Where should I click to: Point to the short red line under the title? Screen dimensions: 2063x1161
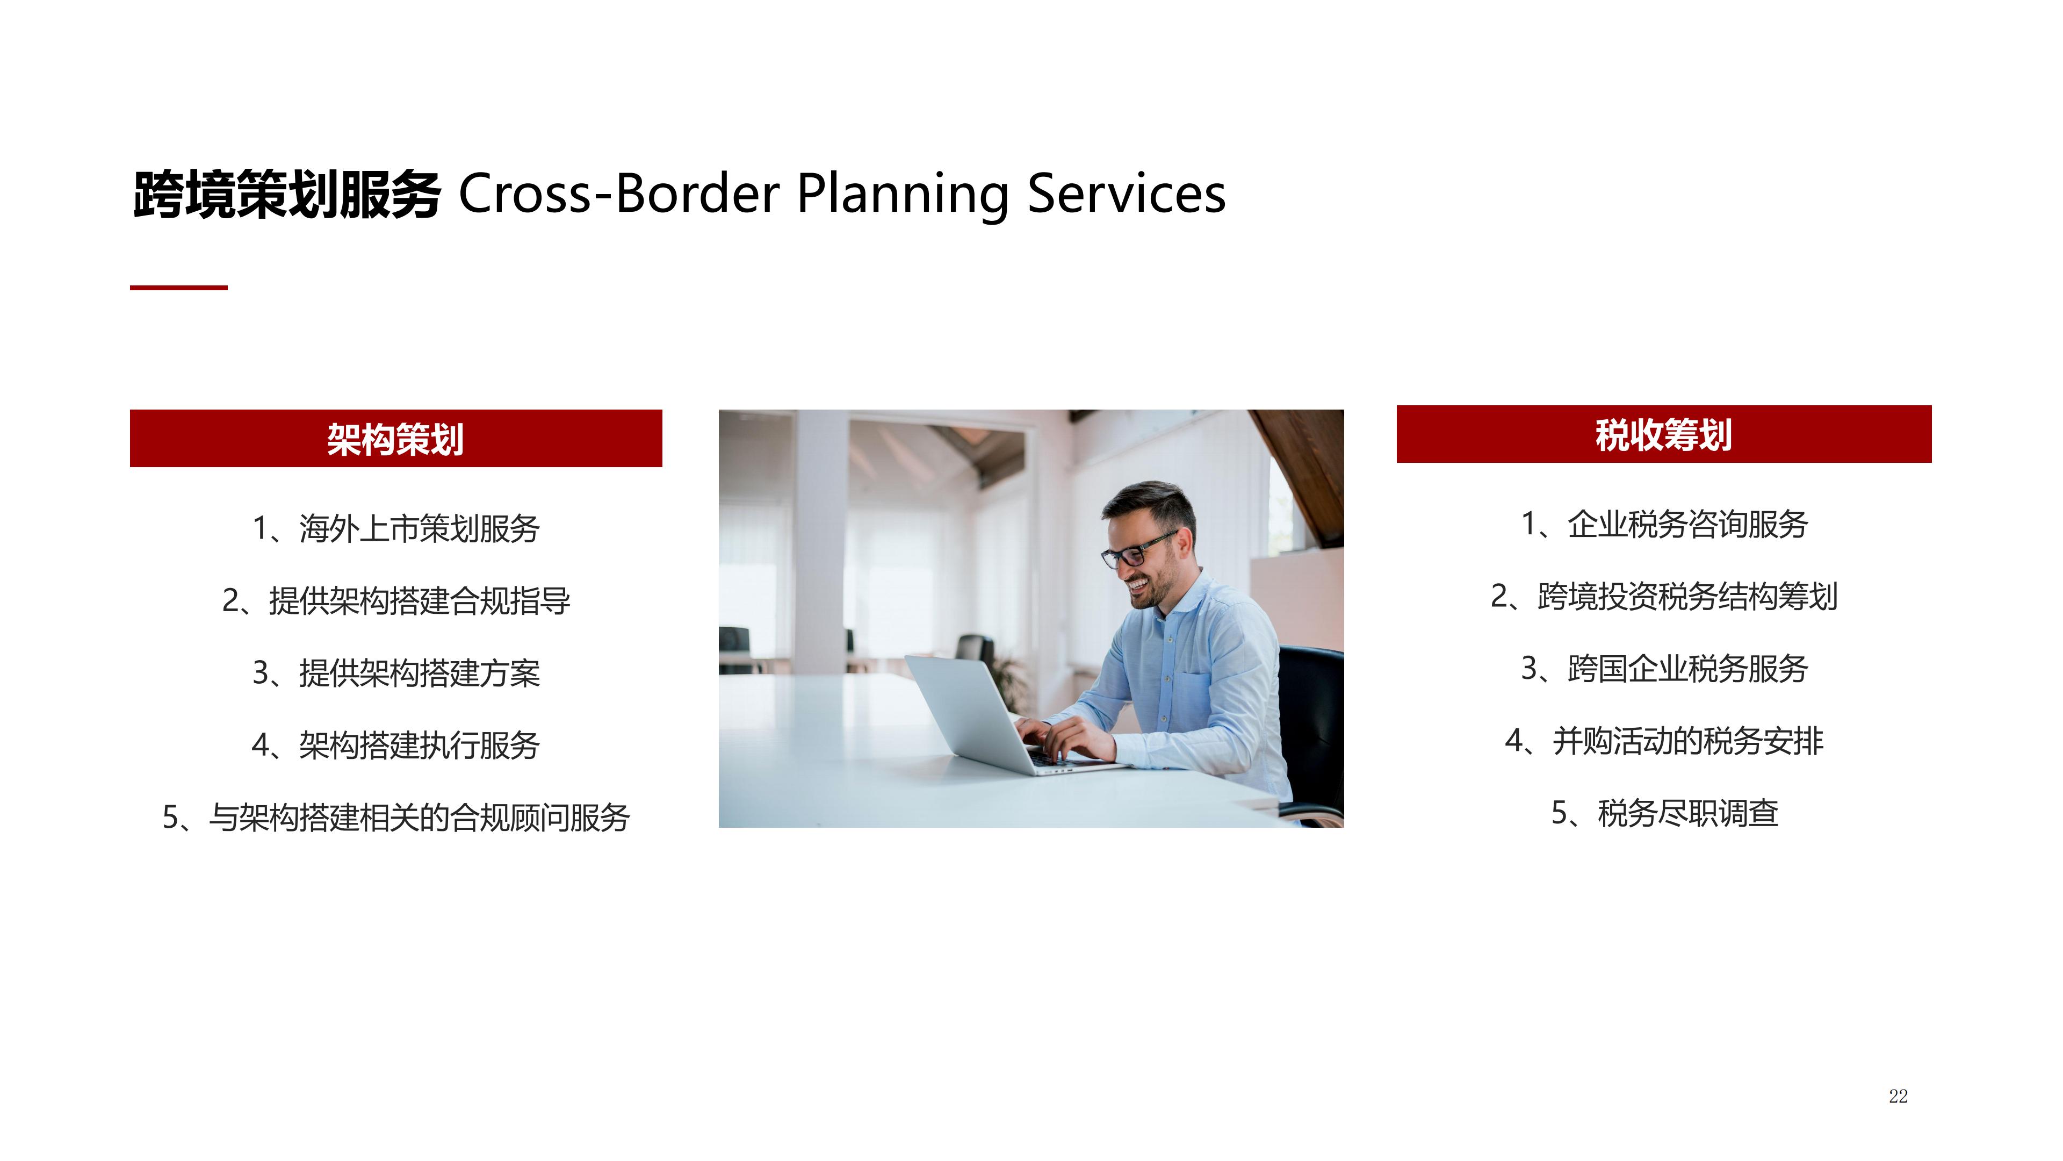[x=178, y=287]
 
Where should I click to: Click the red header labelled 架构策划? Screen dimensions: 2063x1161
[x=395, y=438]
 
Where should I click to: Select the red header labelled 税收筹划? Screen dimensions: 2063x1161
[x=1663, y=434]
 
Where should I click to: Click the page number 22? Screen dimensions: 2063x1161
[x=1898, y=1096]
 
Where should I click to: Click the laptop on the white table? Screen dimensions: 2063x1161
[x=1009, y=715]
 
